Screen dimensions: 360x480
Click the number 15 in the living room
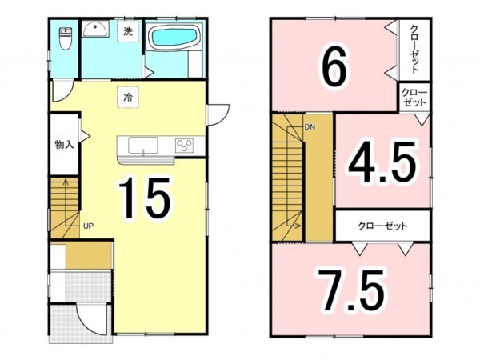(x=146, y=198)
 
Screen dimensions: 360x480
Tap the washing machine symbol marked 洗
(x=127, y=32)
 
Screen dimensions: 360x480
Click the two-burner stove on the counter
(x=185, y=146)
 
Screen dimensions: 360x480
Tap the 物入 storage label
(x=64, y=145)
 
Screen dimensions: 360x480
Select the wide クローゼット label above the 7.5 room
(x=382, y=226)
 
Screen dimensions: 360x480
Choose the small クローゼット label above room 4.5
(x=415, y=98)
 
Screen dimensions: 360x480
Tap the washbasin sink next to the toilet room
(x=95, y=30)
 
